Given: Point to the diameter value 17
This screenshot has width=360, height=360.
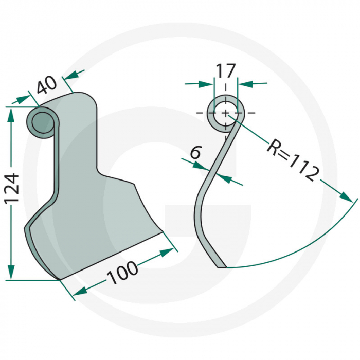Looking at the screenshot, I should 225,70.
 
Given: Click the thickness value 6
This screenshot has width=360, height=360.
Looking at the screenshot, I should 195,152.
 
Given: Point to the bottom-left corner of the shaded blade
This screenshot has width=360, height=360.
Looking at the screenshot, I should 60,280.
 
